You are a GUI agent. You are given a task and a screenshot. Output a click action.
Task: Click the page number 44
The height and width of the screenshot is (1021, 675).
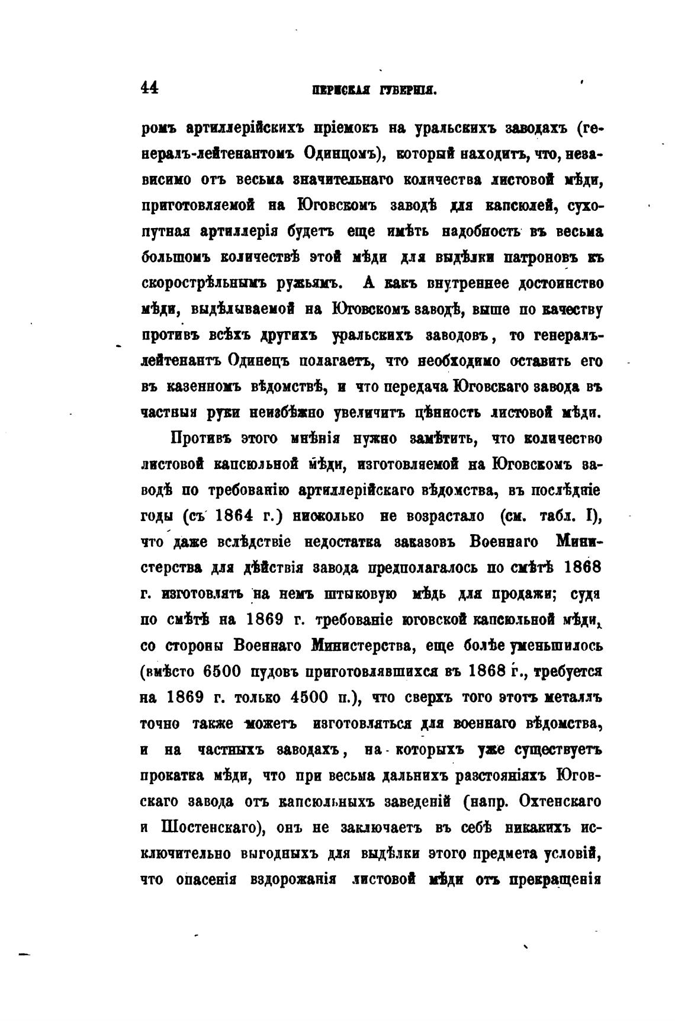coord(149,88)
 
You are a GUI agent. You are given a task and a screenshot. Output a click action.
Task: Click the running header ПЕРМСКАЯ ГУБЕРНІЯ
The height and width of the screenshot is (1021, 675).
coord(374,90)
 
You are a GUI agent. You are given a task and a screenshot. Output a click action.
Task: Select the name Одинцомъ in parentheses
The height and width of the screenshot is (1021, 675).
coord(337,153)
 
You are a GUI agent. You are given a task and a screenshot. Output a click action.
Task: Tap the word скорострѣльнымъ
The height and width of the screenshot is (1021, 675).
coord(205,283)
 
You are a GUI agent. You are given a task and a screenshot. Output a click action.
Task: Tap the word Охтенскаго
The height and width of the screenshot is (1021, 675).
coord(560,801)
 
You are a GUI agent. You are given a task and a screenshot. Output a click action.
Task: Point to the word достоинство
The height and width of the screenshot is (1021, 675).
coord(561,283)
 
